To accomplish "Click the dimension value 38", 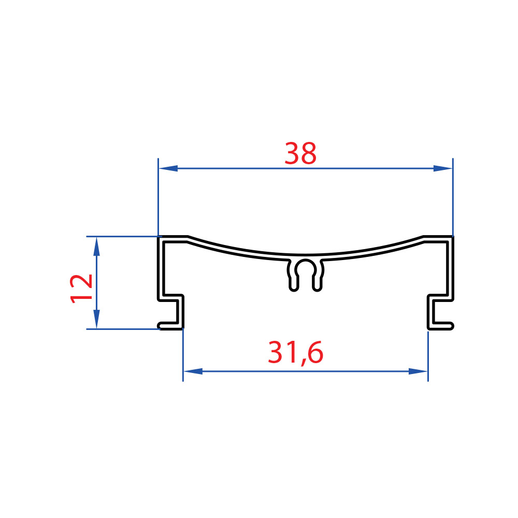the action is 300,153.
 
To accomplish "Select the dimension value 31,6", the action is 295,353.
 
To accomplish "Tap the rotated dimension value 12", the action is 81,289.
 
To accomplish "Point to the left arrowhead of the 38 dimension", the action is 168,168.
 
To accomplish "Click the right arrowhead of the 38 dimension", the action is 443,168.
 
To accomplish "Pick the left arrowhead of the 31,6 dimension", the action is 193,371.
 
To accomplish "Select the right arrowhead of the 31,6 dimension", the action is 418,371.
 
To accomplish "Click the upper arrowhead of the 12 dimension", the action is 96,247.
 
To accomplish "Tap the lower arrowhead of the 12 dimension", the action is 96,319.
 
